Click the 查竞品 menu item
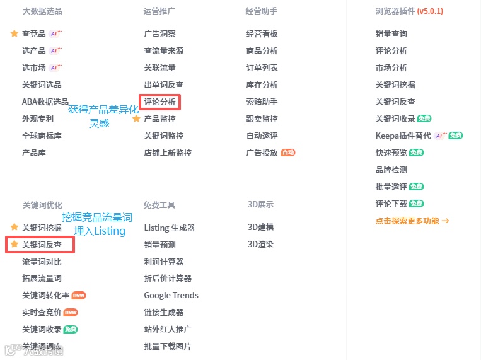[33, 33]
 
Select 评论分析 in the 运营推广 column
[159, 102]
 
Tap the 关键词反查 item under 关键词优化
[42, 245]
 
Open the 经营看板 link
[262, 33]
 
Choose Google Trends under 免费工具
[171, 295]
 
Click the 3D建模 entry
[260, 227]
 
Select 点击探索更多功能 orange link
[412, 221]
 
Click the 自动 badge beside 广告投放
[288, 153]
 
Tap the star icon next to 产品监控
[136, 119]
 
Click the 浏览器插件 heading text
[395, 11]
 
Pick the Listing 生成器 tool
[169, 228]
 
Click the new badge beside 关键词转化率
[79, 295]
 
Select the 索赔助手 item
[262, 102]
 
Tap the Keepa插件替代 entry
[403, 136]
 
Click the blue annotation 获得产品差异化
[103, 110]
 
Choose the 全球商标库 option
[42, 136]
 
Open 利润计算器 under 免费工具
[163, 262]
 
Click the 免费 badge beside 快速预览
[417, 153]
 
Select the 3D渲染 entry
[260, 244]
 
